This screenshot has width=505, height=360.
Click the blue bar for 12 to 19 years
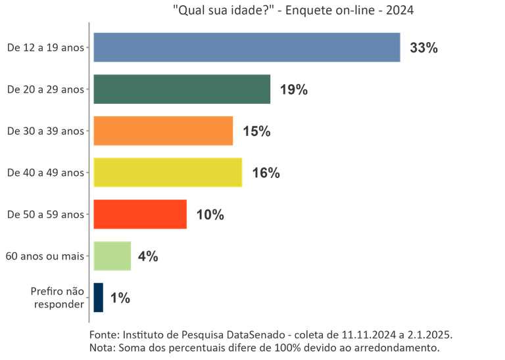tap(247, 47)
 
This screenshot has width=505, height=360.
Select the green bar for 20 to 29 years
tap(182, 89)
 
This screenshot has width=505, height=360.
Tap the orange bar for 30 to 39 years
tap(163, 131)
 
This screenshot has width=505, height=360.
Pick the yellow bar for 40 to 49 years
tap(168, 172)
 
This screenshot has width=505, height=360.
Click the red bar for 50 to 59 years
tap(140, 214)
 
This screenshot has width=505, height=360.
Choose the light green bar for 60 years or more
tap(112, 256)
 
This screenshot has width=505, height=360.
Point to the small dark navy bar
tap(98, 298)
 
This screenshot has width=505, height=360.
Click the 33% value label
tap(423, 49)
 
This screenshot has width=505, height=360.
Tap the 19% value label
tap(294, 90)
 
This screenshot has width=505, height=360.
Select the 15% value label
tap(256, 131)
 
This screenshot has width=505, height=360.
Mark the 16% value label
tap(266, 173)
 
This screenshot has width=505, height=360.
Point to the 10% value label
tap(210, 215)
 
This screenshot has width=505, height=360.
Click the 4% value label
tap(148, 256)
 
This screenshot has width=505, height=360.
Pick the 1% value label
tap(120, 298)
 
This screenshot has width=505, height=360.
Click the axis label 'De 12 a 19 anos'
tap(45, 47)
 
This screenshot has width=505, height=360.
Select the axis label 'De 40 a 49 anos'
tap(45, 173)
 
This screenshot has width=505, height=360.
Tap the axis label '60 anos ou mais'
tap(45, 256)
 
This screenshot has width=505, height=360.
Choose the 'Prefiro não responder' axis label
tap(57, 298)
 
